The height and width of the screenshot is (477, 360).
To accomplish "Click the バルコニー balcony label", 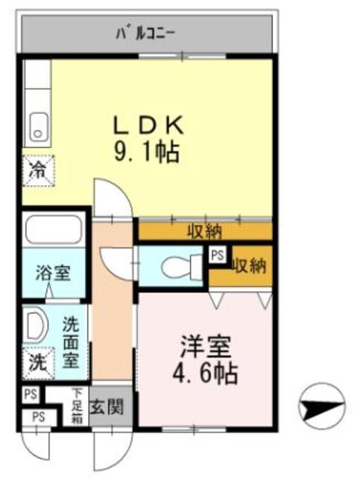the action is [145, 34].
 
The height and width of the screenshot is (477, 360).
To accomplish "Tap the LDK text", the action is [148, 125].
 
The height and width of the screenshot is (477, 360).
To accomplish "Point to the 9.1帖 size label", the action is [146, 152].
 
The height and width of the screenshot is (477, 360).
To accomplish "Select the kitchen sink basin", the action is [38, 127].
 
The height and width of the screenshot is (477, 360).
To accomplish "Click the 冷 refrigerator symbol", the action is [38, 171].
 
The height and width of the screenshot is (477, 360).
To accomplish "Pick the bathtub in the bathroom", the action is [54, 229].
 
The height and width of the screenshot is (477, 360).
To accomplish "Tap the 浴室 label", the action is [53, 273].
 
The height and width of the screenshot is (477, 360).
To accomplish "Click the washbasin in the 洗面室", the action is [36, 325].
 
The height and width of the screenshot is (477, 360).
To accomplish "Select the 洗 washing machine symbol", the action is [38, 364].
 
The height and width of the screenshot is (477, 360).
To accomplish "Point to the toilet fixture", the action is [182, 267].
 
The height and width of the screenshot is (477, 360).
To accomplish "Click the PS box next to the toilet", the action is [218, 255].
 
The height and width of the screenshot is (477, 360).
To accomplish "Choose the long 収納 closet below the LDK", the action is [205, 232].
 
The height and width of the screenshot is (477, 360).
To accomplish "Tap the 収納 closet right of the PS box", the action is [249, 267].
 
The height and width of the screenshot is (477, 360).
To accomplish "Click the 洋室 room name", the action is [205, 347].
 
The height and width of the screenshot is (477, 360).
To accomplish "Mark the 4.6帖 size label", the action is [205, 373].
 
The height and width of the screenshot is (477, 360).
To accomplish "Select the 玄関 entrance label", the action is [107, 406].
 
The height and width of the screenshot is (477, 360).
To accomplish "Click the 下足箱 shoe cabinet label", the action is [77, 406].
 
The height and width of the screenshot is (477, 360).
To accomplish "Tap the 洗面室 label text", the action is [71, 343].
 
